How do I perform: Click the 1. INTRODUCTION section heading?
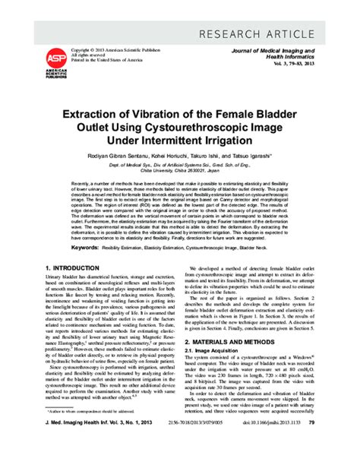point(77,269)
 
